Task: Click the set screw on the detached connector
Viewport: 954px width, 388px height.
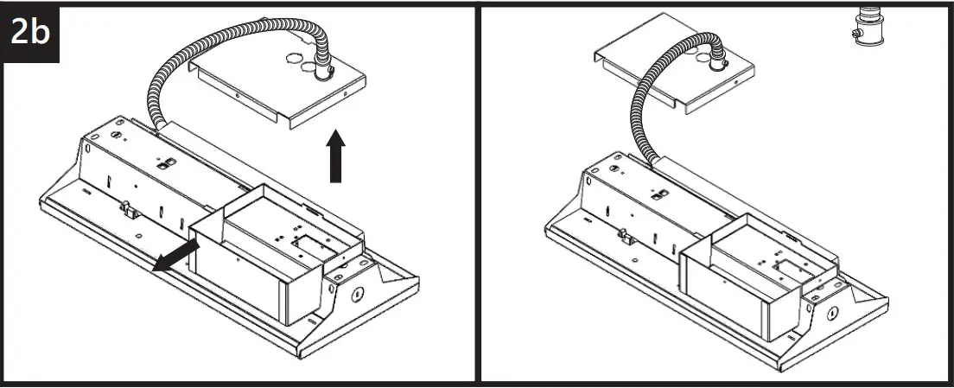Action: click(853, 34)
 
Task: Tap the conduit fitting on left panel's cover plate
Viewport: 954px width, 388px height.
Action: click(324, 71)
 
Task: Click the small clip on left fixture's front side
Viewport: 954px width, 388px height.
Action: click(126, 207)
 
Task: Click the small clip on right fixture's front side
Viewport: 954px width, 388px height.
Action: click(621, 233)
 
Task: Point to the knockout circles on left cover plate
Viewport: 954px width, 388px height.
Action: click(299, 64)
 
